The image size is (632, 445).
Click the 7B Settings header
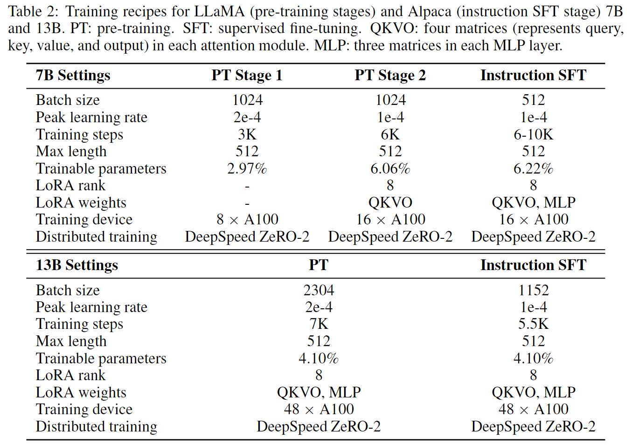(x=73, y=76)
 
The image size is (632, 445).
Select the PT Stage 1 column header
(x=247, y=76)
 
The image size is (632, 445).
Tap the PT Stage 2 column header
(x=390, y=76)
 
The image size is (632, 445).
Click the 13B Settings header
(x=77, y=265)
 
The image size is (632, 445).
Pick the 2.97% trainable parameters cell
(x=247, y=168)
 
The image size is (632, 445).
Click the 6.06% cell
(x=390, y=168)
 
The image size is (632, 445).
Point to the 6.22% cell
(x=533, y=168)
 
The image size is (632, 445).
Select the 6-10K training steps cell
(x=533, y=134)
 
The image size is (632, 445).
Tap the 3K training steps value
(x=247, y=134)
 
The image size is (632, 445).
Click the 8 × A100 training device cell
(x=247, y=220)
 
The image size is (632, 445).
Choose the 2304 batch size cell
(x=319, y=290)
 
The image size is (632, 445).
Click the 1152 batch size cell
(x=533, y=290)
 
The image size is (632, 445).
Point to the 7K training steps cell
(x=319, y=324)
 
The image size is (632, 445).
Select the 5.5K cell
(x=533, y=324)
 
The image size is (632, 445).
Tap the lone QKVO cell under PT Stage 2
(x=390, y=202)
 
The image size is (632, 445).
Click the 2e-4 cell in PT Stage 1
(x=247, y=117)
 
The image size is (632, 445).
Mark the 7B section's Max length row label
(x=71, y=152)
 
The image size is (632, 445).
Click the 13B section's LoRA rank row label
(x=70, y=375)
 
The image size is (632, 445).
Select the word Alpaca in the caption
(x=430, y=12)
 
